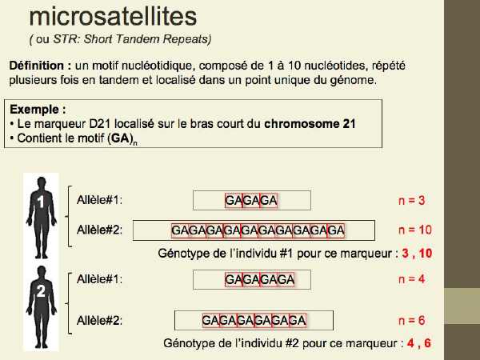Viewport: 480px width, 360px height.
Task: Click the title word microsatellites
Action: click(113, 17)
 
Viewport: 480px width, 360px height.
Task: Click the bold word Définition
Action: click(37, 66)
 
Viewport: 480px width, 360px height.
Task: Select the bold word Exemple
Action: click(34, 110)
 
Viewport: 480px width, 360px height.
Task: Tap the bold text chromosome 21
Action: click(310, 124)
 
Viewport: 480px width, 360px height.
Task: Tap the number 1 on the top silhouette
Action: click(41, 202)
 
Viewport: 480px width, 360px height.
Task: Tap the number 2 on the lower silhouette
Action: click(41, 291)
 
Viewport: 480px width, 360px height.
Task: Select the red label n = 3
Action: click(412, 200)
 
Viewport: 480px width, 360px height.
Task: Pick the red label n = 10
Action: click(415, 230)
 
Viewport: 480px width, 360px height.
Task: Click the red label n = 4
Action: click(412, 279)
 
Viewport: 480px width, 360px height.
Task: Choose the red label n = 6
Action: click(412, 321)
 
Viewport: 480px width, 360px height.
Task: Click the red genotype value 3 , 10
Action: click(417, 253)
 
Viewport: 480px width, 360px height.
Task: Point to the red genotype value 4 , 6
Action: click(419, 343)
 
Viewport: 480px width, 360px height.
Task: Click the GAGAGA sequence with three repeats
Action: click(251, 201)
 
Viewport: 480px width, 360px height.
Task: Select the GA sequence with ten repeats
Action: click(258, 230)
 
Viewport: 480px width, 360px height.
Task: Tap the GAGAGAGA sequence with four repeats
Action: click(259, 279)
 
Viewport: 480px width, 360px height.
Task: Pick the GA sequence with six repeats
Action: click(254, 321)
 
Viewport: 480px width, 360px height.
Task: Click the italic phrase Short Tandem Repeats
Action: click(147, 39)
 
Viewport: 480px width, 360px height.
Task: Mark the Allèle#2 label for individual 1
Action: click(99, 230)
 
